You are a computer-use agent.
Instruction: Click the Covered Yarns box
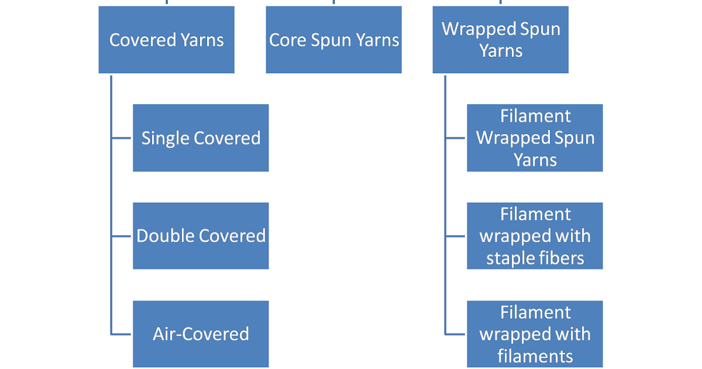tap(167, 40)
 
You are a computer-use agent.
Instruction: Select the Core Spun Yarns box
tap(334, 40)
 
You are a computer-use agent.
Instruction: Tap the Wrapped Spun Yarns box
tap(501, 40)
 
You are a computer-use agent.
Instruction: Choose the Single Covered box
tap(201, 138)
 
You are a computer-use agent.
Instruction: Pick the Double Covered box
tap(201, 236)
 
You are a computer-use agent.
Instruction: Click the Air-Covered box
tap(201, 334)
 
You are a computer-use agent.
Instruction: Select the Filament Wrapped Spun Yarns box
tap(535, 138)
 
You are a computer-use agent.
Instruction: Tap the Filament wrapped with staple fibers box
tap(535, 236)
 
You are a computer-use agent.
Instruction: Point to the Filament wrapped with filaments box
tap(535, 334)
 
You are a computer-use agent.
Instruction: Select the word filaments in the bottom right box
tap(535, 356)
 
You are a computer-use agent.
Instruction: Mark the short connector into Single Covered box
tap(121, 138)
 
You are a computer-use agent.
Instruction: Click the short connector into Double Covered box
tap(121, 236)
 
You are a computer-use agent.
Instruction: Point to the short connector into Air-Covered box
tap(121, 334)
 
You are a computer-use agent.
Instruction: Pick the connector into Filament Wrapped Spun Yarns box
tap(455, 138)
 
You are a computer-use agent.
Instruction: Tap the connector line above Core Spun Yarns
tap(334, 2)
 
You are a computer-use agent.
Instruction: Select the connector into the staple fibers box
tap(455, 236)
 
